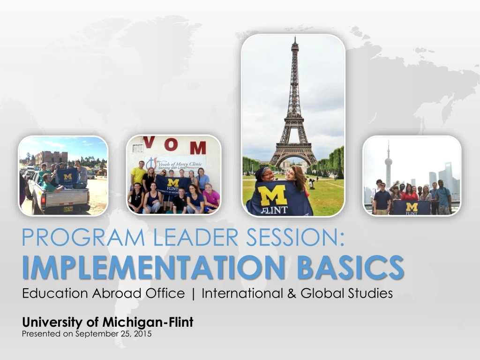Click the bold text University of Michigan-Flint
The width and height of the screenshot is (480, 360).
108,322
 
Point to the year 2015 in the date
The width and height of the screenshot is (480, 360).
143,334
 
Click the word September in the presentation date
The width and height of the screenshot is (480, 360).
93,334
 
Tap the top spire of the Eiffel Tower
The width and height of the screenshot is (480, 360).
294,39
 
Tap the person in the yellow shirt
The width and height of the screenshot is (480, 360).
139,174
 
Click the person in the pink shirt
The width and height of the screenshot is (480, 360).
211,199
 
